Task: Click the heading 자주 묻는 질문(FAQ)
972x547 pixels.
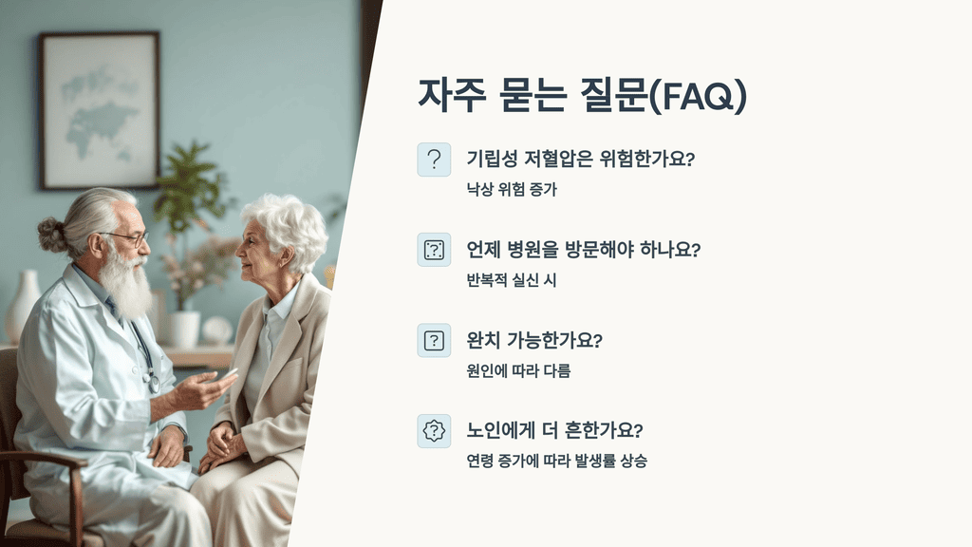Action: coord(582,95)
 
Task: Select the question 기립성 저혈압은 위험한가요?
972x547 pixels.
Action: coord(580,159)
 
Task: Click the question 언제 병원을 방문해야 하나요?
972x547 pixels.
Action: coord(583,250)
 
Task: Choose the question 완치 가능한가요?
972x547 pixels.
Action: coord(535,340)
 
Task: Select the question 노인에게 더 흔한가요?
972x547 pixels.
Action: coord(554,430)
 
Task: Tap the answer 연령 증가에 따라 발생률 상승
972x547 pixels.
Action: coord(556,462)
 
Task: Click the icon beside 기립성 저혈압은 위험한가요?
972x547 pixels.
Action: coord(434,160)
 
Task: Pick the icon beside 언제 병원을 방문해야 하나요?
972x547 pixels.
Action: coord(434,250)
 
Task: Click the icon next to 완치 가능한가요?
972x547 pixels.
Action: coord(434,340)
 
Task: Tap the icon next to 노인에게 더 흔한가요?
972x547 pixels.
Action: coord(434,431)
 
